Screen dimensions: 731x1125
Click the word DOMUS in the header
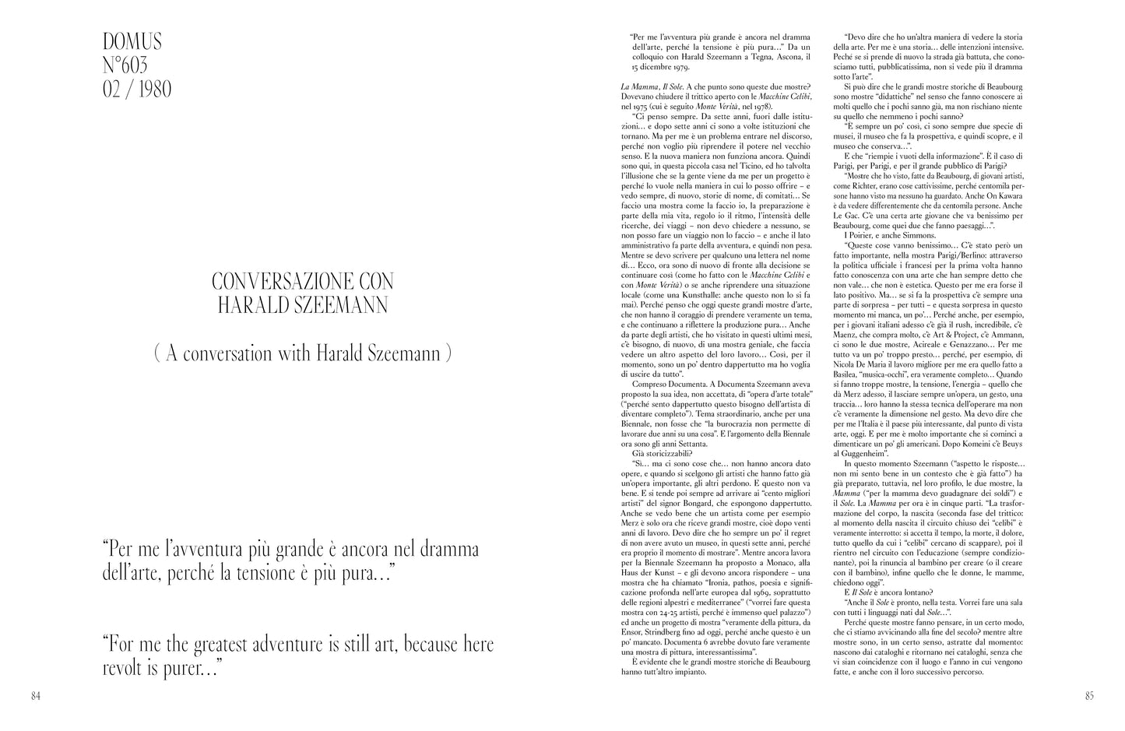pos(132,40)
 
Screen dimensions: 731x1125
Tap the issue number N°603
pos(125,65)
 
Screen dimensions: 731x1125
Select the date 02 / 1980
pos(137,89)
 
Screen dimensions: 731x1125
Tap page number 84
pos(36,696)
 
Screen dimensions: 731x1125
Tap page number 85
pos(1089,696)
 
